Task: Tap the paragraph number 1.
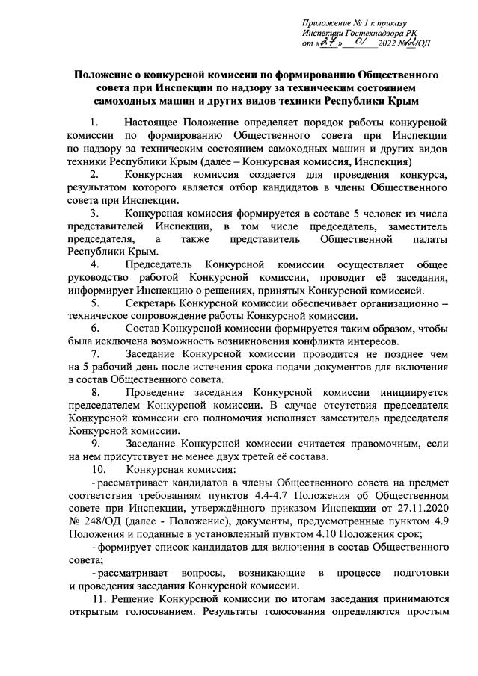point(94,122)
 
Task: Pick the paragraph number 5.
point(94,303)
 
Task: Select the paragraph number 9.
point(94,443)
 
